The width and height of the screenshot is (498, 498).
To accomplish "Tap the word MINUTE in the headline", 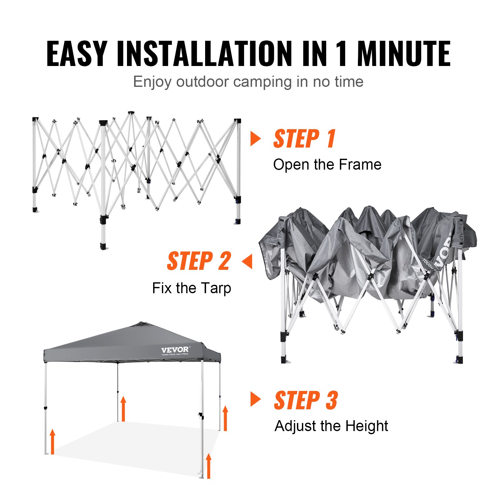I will pyautogui.click(x=404, y=54).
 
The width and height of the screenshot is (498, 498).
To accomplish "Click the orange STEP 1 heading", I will pyautogui.click(x=304, y=139).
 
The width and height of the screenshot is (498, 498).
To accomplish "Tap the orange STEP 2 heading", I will pyautogui.click(x=199, y=261).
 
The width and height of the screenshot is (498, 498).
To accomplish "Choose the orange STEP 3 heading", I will pyautogui.click(x=306, y=401).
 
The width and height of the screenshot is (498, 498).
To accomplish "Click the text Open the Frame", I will pyautogui.click(x=327, y=165).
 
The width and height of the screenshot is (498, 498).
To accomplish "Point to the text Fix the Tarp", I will pyautogui.click(x=191, y=288).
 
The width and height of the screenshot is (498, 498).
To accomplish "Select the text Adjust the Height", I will pyautogui.click(x=331, y=426).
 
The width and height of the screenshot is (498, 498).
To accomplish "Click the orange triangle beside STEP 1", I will pyautogui.click(x=255, y=139).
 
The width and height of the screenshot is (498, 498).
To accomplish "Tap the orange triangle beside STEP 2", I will pyautogui.click(x=247, y=261).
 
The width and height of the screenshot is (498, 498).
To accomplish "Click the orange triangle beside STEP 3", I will pyautogui.click(x=255, y=399).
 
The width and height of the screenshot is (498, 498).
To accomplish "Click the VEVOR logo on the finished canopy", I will pyautogui.click(x=175, y=350).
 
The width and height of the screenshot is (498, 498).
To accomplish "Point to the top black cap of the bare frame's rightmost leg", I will pyautogui.click(x=237, y=121).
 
